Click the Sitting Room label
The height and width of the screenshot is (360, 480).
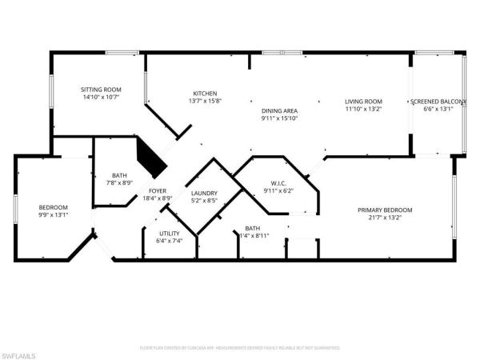[100, 90]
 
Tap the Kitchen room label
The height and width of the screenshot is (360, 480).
[205, 94]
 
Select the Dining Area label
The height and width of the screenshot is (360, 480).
[279, 110]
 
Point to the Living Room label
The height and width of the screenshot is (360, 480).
[363, 102]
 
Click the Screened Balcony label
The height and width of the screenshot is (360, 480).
[438, 102]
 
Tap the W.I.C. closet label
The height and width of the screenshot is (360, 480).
[278, 183]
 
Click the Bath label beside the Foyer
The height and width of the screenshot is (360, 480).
[120, 175]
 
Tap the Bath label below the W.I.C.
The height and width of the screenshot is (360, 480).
[253, 228]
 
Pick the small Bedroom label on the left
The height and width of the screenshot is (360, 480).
[54, 207]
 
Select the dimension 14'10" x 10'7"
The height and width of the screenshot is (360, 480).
[100, 98]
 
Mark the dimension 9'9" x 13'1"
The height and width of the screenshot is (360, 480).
[54, 215]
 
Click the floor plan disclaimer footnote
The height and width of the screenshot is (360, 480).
[240, 348]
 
